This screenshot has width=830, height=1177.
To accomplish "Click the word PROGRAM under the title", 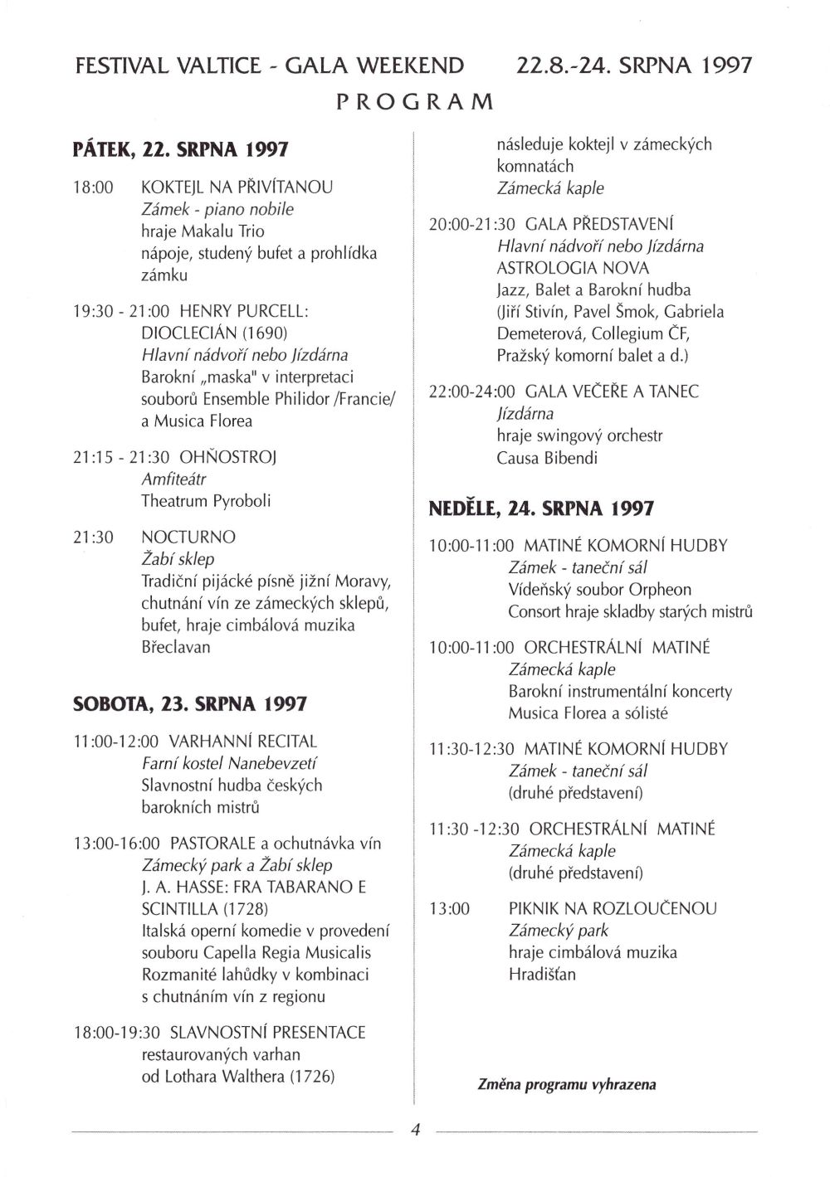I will [415, 102].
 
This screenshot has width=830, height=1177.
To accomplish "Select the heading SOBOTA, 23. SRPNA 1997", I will [190, 704].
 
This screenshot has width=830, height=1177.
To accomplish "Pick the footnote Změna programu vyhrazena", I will [566, 1084].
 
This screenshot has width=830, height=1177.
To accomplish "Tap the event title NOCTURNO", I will [188, 537].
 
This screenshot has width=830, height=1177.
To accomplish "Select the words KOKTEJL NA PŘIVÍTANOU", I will [237, 187].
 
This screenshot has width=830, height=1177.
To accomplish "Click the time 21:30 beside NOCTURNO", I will [93, 537].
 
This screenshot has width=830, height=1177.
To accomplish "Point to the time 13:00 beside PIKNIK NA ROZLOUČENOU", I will [449, 908].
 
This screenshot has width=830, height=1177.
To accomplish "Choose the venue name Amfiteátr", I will [173, 479].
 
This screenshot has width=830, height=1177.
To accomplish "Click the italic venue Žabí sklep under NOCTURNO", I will [178, 559].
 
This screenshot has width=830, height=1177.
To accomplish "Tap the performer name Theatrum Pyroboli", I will [206, 501].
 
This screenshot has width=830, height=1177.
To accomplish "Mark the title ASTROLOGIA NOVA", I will [573, 268].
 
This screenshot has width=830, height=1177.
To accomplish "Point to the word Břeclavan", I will [176, 646].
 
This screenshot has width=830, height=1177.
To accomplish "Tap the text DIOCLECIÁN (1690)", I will [214, 333].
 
